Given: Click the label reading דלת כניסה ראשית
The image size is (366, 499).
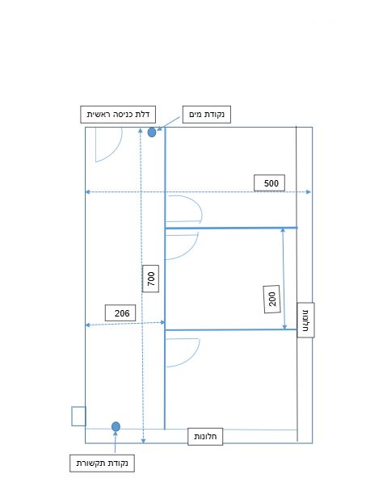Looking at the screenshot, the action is click(118, 114).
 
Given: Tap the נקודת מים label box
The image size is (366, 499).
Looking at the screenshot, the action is click(206, 115).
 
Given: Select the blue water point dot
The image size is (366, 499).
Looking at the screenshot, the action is click(152, 132).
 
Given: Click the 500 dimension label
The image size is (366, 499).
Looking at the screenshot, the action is click(270, 183).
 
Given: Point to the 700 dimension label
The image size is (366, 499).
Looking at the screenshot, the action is click(150, 279).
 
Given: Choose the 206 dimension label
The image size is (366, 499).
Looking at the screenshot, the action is click(120, 313).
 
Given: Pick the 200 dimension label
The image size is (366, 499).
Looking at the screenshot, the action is click(272, 299).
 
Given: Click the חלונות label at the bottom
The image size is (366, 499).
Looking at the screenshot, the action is click(205, 437).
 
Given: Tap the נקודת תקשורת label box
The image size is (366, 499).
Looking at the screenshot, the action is click(102, 463).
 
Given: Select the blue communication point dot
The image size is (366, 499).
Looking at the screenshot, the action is click(116, 426).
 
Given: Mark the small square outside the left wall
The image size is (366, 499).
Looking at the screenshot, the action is click(78, 416).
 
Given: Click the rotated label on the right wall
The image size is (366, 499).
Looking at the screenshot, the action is click(305, 320).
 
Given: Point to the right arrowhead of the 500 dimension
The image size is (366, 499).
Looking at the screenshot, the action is click(309, 192).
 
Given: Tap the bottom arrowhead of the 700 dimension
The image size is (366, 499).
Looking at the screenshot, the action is click(143, 441).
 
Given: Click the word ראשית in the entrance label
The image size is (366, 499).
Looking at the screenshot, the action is click(98, 114).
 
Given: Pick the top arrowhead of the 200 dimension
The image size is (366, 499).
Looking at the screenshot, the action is click(283, 230).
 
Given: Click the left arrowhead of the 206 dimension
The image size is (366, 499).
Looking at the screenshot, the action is click(88, 325).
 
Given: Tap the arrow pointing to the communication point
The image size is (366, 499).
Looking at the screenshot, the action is click(115, 442).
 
